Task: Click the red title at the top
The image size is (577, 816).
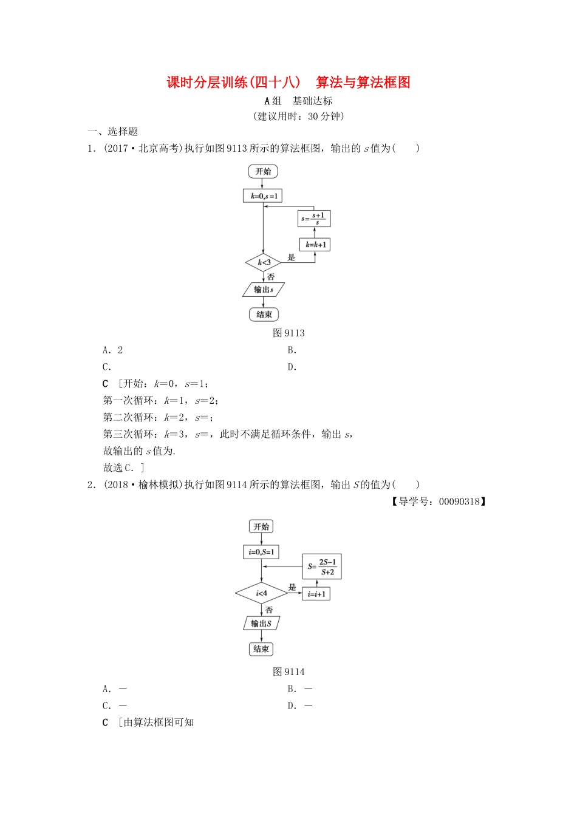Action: [x=288, y=83]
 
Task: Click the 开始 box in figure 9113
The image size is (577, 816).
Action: [x=263, y=171]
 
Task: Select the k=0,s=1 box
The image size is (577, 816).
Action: [x=263, y=196]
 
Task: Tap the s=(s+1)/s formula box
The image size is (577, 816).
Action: [x=314, y=219]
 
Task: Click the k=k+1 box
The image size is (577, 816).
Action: [x=316, y=245]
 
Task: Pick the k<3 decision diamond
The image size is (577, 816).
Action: [x=264, y=262]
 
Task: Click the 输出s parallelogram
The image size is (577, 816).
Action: [x=263, y=290]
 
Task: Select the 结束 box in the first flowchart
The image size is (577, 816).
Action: [x=264, y=314]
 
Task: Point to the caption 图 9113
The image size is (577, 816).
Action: [x=288, y=333]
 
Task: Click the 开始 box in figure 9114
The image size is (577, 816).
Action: [x=261, y=526]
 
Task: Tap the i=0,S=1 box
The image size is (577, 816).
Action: [x=261, y=552]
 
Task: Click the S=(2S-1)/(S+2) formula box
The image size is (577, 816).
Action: [x=322, y=566]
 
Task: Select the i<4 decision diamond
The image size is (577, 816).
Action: [x=261, y=593]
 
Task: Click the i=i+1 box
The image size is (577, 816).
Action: [x=316, y=594]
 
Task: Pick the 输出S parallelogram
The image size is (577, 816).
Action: [x=261, y=624]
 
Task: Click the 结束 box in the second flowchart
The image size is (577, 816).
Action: [x=261, y=649]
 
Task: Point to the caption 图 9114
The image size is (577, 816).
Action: [x=288, y=671]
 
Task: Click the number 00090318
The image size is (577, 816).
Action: [x=459, y=501]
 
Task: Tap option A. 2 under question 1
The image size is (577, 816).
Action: [x=113, y=350]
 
